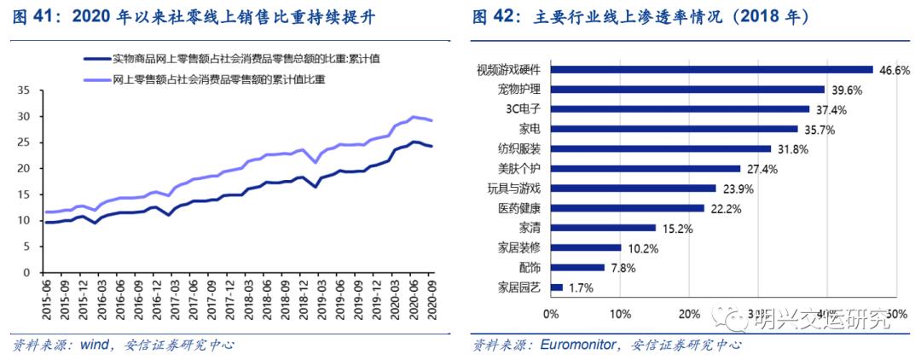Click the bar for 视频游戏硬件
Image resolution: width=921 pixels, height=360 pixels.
712,70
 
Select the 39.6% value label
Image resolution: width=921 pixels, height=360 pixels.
843,90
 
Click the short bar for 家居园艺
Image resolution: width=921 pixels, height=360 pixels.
557,288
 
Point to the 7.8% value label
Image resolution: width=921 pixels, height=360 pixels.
623,269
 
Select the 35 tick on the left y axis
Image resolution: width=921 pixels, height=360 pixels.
23,90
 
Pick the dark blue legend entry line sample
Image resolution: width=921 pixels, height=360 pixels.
96,58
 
